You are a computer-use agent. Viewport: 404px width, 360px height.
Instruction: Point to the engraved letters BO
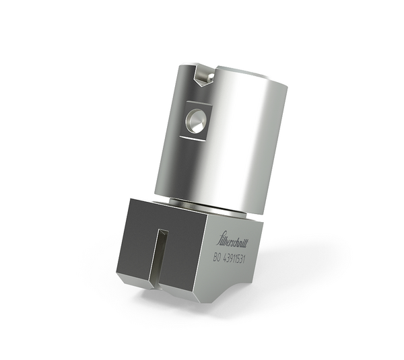coord(217,257)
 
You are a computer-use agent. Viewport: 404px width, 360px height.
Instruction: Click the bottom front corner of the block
coord(197,299)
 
